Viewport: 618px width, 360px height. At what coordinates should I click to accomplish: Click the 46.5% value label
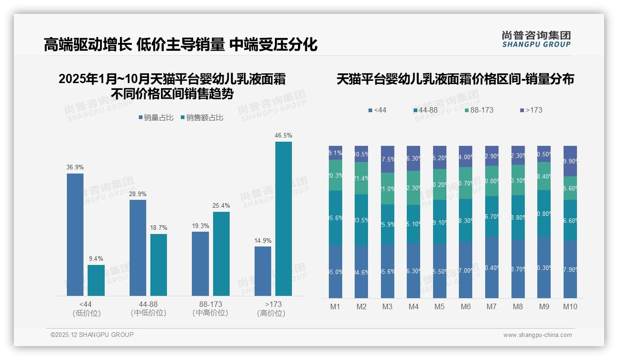[283, 136]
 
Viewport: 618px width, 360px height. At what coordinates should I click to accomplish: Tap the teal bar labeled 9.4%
[96, 280]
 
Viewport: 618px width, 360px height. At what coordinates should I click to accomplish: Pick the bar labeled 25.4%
[221, 253]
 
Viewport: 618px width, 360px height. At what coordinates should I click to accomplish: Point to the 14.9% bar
[263, 271]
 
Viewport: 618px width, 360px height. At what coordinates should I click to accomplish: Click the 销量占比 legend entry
[156, 118]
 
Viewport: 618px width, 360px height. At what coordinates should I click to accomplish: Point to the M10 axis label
[570, 307]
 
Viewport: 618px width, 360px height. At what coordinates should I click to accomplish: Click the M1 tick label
[335, 307]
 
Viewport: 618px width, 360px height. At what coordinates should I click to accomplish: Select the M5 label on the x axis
[440, 307]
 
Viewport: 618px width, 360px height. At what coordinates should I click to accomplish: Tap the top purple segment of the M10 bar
[570, 161]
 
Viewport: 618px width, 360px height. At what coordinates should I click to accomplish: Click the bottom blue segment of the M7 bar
[492, 268]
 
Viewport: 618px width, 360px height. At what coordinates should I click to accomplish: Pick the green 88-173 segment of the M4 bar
[413, 188]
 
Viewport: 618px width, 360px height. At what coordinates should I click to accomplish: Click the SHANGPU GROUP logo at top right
[536, 39]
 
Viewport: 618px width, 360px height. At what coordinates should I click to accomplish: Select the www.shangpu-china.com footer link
[537, 335]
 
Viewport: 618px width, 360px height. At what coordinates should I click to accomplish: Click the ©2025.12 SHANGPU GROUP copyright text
[92, 335]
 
